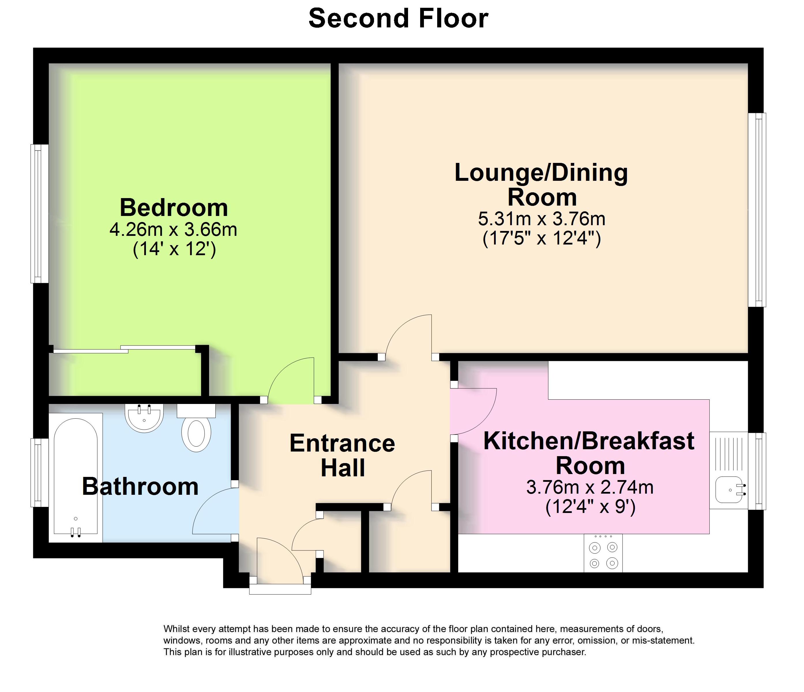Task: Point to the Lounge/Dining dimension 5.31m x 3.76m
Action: coord(542,219)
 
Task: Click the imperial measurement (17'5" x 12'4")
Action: coord(542,238)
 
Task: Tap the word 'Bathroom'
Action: coord(140,486)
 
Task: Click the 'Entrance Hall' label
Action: coord(342,455)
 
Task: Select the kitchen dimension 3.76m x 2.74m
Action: coord(590,487)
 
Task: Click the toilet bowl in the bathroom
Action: coord(196,435)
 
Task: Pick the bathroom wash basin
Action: coord(144,418)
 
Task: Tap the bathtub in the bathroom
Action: coord(76,478)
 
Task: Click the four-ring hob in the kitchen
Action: coord(603,553)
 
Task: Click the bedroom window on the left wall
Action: coord(39,214)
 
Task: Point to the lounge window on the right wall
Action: coord(757,210)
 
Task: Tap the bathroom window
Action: coord(39,473)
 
